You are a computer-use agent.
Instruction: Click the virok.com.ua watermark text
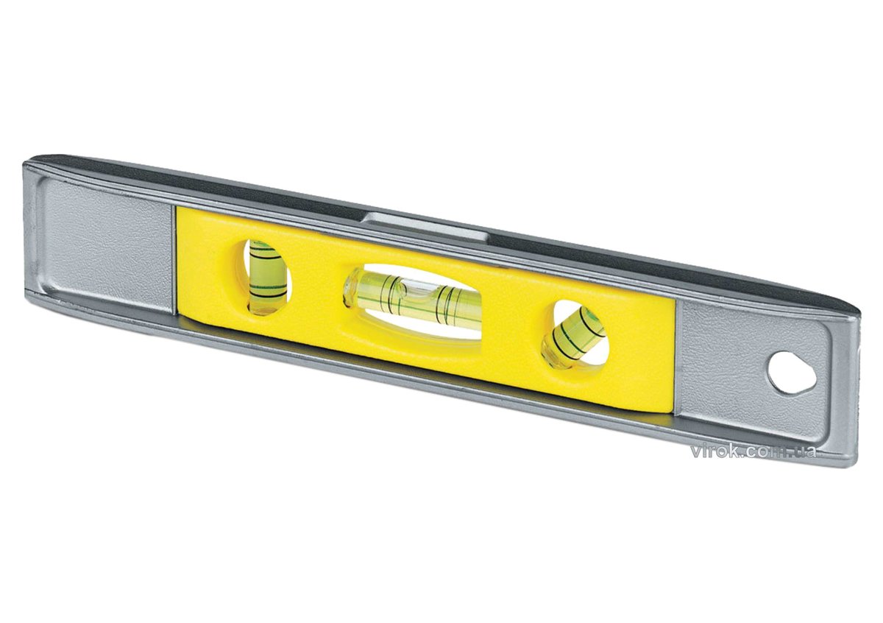pyautogui.click(x=753, y=451)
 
